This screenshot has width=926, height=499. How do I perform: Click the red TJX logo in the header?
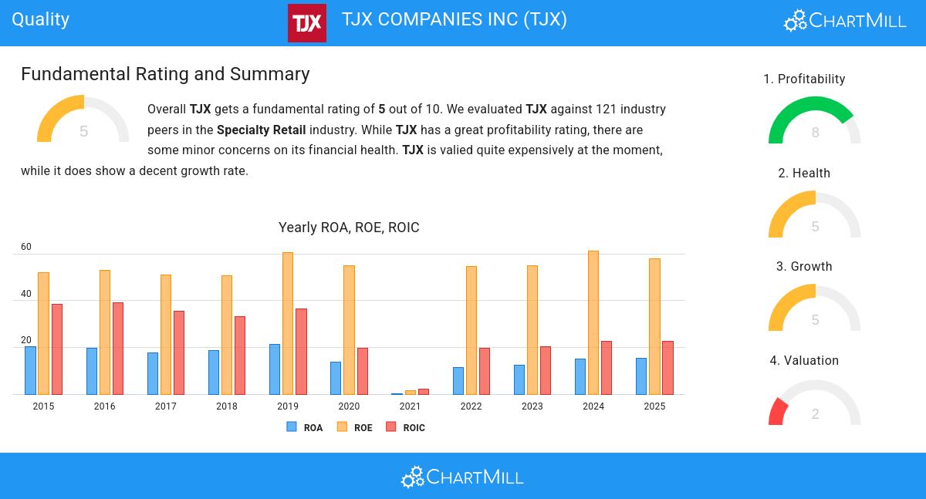(306, 23)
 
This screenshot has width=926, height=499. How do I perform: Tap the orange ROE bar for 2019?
(288, 323)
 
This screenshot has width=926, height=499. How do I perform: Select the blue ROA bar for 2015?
(30, 370)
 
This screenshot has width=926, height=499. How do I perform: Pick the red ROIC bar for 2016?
(118, 348)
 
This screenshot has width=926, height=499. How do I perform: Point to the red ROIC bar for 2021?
(424, 392)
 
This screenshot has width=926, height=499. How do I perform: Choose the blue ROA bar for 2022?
(458, 381)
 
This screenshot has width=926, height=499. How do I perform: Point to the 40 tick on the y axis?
(26, 294)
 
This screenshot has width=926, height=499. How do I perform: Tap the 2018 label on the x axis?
(227, 406)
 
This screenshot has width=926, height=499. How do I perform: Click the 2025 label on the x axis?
(654, 406)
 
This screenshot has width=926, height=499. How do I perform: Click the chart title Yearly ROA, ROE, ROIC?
(349, 228)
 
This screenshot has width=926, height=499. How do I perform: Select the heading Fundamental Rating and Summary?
(165, 74)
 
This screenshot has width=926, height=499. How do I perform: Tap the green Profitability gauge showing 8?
(814, 120)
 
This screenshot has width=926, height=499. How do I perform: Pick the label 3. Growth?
(804, 267)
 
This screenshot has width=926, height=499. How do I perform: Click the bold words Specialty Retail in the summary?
(261, 130)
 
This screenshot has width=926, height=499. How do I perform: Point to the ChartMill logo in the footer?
(462, 477)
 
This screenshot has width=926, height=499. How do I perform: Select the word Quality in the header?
(41, 19)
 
